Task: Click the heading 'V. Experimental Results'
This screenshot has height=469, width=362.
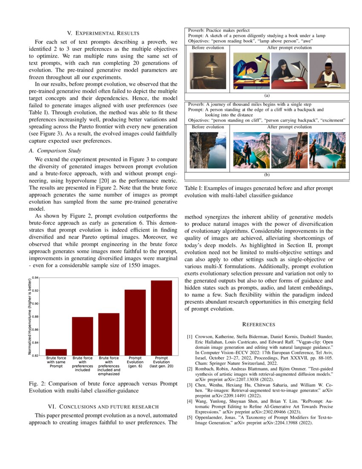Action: point(103,33)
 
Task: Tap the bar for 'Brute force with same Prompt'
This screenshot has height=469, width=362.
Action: point(56,352)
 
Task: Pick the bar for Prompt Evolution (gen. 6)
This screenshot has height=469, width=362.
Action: point(135,322)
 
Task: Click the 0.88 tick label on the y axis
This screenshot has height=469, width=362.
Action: point(36,316)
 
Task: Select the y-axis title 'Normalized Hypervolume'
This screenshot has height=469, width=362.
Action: point(30,316)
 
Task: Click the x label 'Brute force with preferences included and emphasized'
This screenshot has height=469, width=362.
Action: point(109,366)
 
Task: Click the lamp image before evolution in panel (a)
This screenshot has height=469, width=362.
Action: point(208,71)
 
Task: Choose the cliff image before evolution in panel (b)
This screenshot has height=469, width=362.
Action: point(208,151)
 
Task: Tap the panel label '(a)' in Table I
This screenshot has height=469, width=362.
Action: point(267,96)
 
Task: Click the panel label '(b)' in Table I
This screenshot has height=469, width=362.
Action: point(267,174)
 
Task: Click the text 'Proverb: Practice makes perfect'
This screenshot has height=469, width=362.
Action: point(219,31)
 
